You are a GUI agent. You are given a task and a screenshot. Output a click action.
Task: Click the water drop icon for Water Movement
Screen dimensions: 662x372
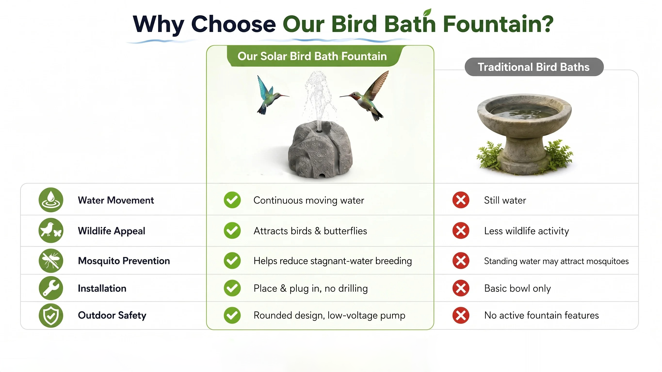click(51, 200)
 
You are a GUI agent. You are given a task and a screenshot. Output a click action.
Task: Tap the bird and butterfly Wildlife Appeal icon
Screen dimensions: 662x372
click(51, 231)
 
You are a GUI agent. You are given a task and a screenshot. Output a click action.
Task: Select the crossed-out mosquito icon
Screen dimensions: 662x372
click(51, 261)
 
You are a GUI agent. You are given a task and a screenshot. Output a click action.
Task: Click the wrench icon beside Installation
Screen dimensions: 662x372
click(51, 288)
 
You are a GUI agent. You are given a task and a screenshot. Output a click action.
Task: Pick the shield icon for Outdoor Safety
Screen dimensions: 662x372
click(51, 315)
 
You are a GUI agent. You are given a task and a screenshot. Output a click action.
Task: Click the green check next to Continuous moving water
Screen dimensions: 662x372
click(232, 200)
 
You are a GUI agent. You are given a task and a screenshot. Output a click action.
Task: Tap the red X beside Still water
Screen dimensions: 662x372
click(461, 200)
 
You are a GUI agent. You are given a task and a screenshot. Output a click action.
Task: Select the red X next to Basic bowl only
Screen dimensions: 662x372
click(461, 288)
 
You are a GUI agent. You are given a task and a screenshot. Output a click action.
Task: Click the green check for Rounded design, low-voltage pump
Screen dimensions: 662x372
click(232, 315)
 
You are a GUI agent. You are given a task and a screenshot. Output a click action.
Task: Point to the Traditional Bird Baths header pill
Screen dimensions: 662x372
click(534, 67)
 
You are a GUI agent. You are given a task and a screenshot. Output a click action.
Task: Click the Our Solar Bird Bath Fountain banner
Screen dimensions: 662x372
click(312, 56)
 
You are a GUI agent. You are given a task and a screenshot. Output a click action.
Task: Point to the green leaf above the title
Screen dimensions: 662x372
click(427, 12)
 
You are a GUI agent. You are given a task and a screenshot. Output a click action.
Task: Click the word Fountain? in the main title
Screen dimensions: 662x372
click(498, 24)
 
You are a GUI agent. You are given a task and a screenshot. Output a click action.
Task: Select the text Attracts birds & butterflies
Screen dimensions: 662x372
click(310, 231)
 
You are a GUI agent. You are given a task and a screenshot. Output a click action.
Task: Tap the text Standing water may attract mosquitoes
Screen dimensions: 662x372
click(556, 261)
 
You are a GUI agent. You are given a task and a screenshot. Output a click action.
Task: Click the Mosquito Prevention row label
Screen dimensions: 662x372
click(124, 261)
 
